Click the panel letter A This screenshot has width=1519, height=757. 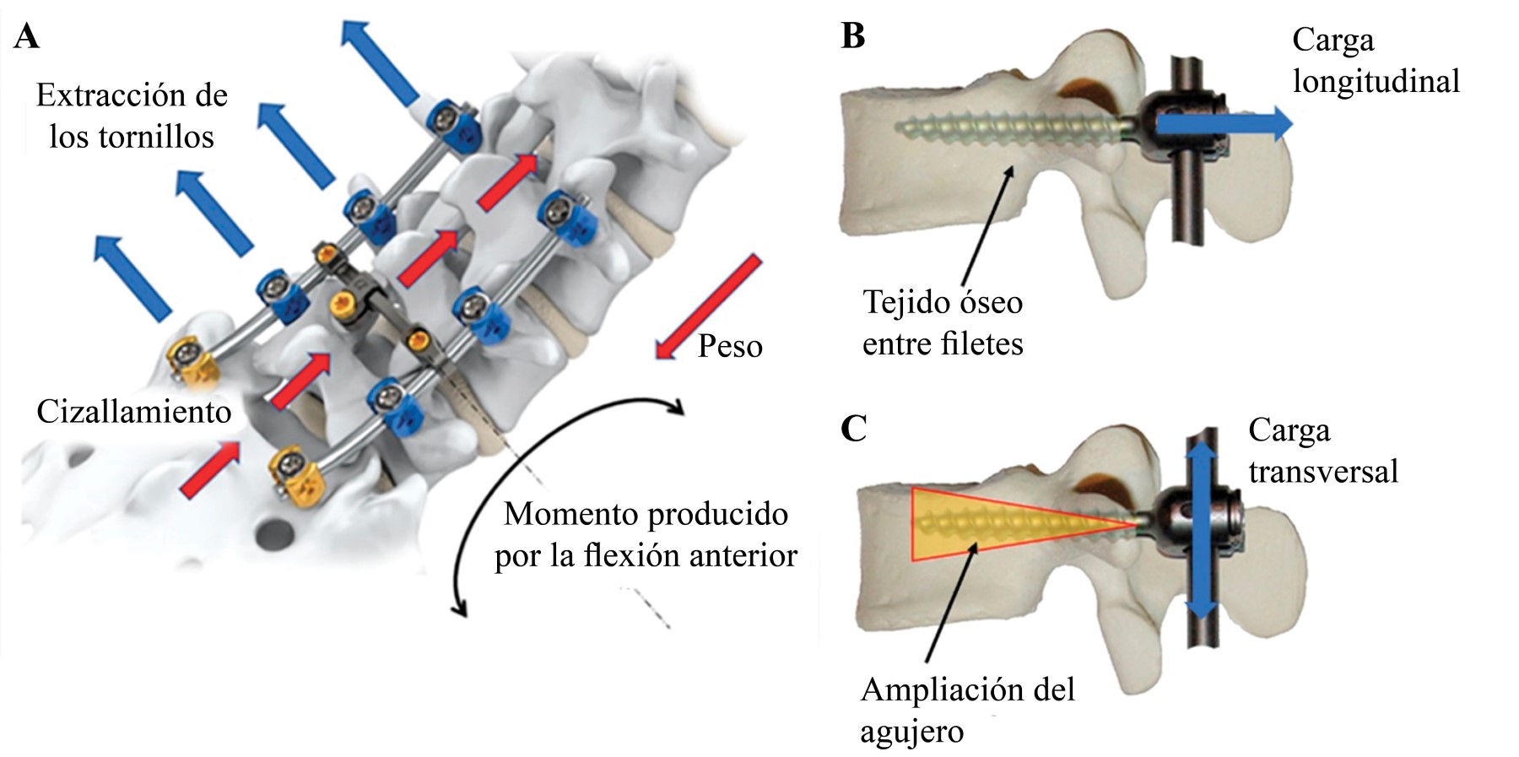pos(26,37)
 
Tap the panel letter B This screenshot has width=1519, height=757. pos(853,36)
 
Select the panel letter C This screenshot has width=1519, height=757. pos(853,429)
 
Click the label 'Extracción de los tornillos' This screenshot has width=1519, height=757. pos(132,116)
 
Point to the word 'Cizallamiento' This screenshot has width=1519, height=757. pos(133,412)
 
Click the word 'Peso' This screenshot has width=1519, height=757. pos(730,346)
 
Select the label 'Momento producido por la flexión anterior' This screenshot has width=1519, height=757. pos(646,534)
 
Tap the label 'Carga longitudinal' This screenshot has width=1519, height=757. pos(1376,61)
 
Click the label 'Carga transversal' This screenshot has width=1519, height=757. pos(1322,451)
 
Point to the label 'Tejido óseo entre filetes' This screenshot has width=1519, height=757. pos(943,323)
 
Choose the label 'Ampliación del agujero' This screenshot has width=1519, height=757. pos(967,710)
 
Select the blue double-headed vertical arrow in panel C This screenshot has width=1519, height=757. pos(1203,534)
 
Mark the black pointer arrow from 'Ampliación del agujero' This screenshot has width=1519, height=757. pos(951,603)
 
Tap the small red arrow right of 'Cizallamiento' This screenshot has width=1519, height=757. pos(300,380)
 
